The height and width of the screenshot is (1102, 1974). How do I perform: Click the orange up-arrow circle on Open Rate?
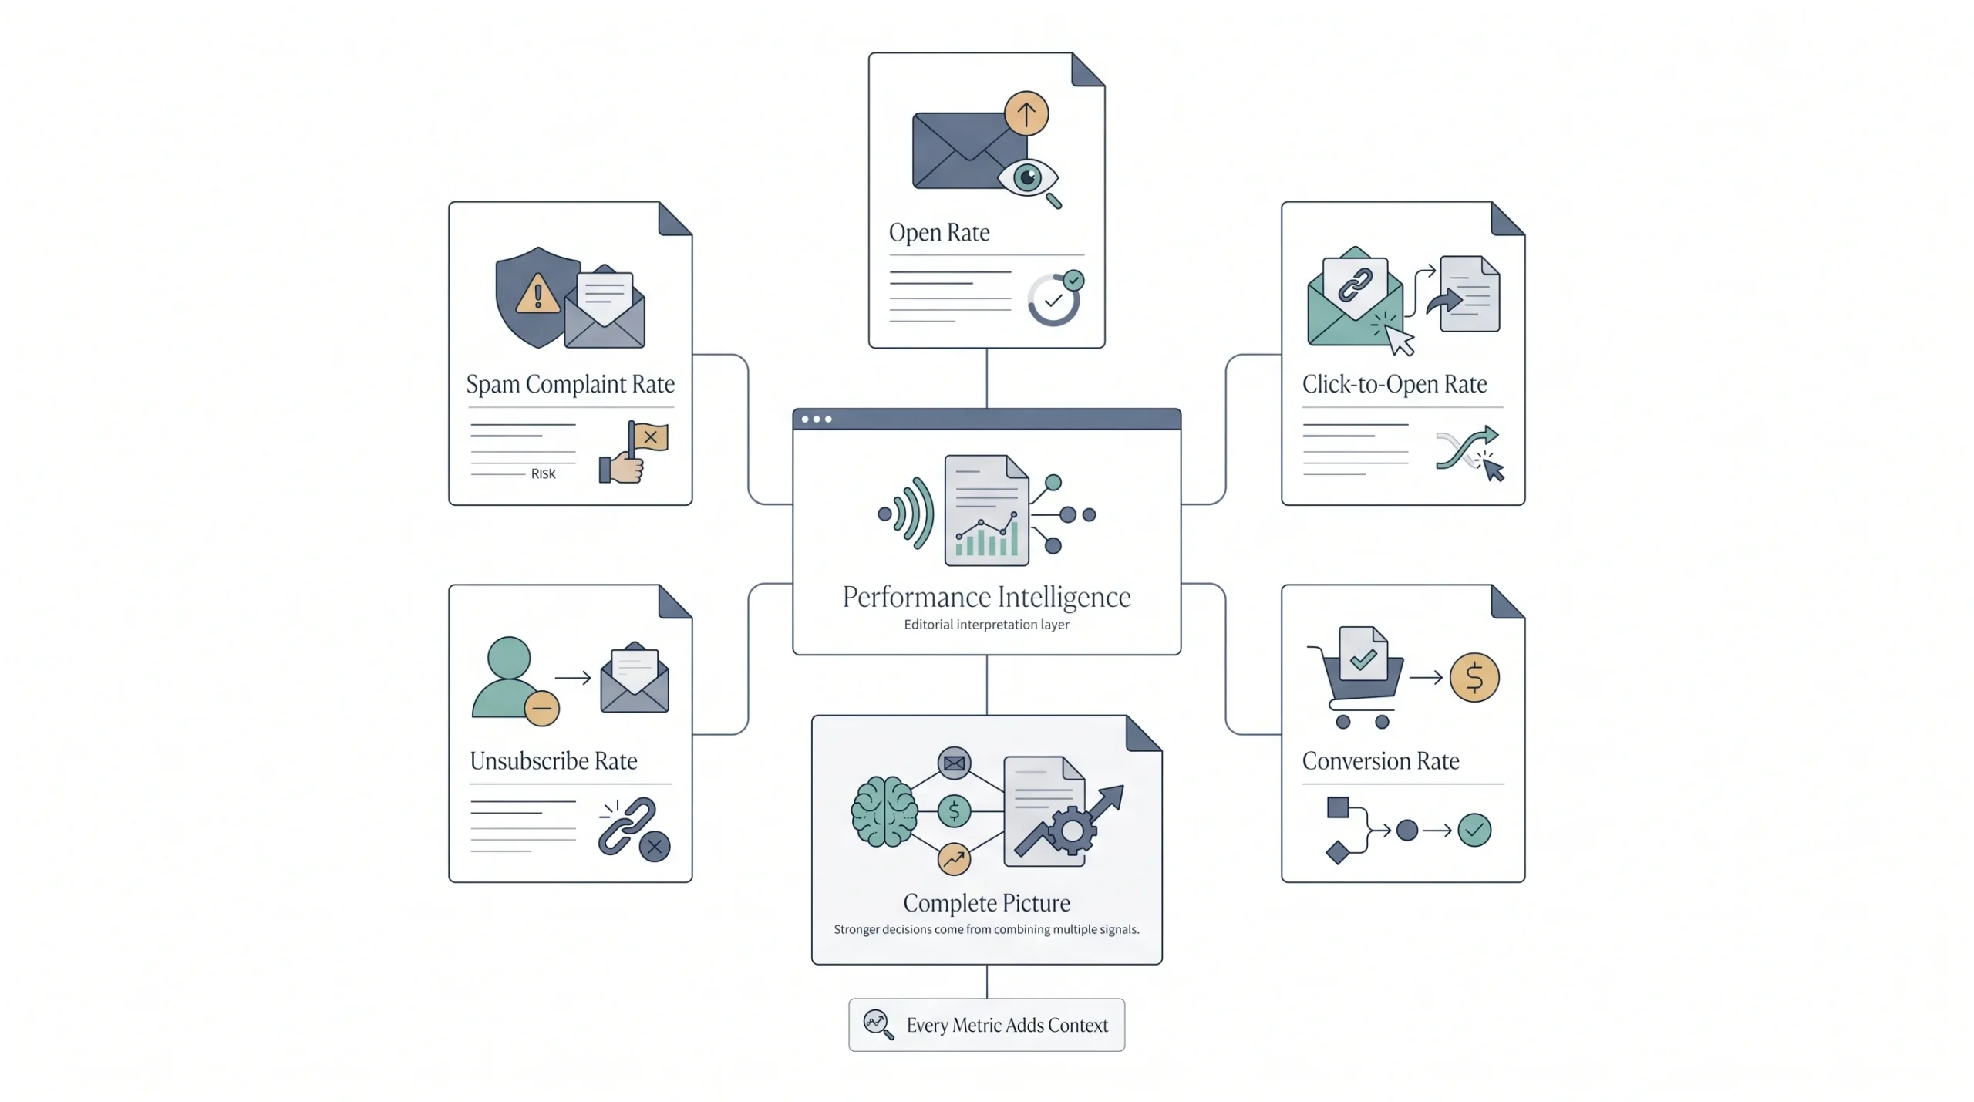pos(1026,114)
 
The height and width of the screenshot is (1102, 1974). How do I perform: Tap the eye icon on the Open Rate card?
pos(1028,178)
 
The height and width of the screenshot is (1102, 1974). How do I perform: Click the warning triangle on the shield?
pos(537,294)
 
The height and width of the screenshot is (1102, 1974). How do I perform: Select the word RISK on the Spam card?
pos(543,474)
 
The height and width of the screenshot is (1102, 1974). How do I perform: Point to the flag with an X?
pos(648,438)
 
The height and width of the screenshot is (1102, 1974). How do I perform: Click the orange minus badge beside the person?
pos(542,708)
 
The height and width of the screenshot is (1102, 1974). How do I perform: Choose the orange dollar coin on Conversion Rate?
pos(1474,678)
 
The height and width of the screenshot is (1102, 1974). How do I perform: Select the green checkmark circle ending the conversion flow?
pos(1474,831)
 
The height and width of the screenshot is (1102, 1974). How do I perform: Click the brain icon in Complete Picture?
pos(884,812)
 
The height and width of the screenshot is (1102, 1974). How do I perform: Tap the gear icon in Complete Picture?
pos(1072,831)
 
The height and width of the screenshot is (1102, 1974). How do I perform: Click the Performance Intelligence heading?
pos(986,597)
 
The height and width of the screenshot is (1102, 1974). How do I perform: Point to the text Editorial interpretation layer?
pos(986,625)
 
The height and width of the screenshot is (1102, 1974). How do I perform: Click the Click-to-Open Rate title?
pos(1394,384)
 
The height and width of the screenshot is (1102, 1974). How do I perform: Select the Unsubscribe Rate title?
pos(554,761)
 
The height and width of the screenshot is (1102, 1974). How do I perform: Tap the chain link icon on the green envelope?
pos(1355,285)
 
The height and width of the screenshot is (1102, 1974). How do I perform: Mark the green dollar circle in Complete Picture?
pos(954,811)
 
